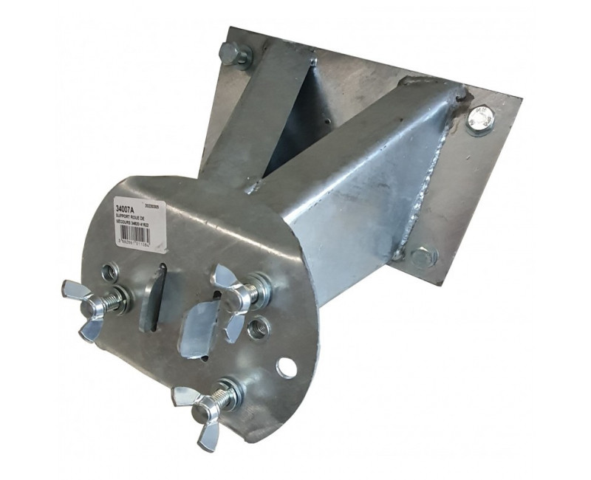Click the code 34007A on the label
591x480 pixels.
127,208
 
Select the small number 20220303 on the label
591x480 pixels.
159,208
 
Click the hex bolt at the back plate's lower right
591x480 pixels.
423,257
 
